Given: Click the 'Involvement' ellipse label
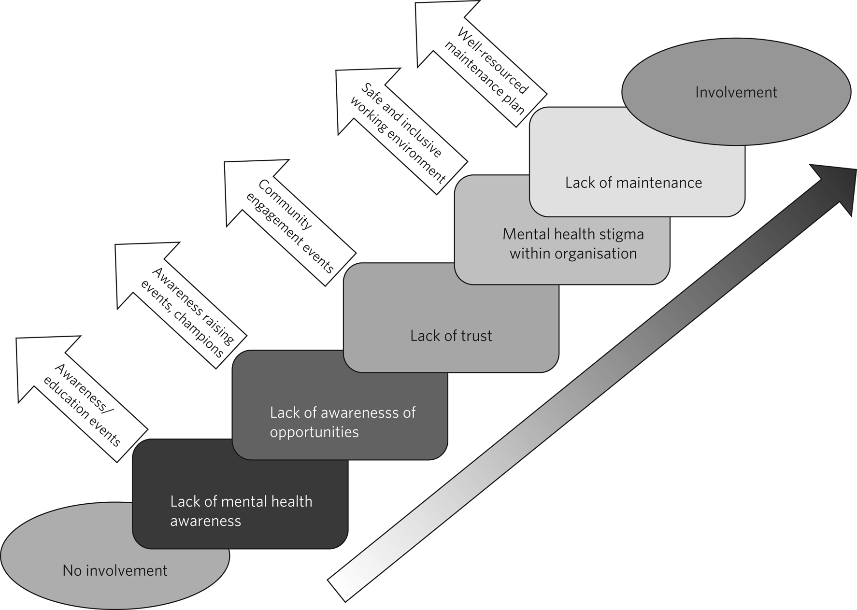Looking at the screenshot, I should click(x=736, y=92).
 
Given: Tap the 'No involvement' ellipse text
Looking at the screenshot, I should click(x=115, y=570).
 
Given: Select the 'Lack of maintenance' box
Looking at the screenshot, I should click(x=633, y=183).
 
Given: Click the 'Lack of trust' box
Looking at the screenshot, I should click(x=451, y=336).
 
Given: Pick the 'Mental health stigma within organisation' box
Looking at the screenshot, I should click(x=573, y=244).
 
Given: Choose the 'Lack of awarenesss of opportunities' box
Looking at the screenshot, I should click(x=342, y=422).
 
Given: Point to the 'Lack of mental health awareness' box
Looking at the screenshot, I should click(x=241, y=511).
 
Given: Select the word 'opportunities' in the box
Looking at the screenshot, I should click(x=314, y=432).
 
